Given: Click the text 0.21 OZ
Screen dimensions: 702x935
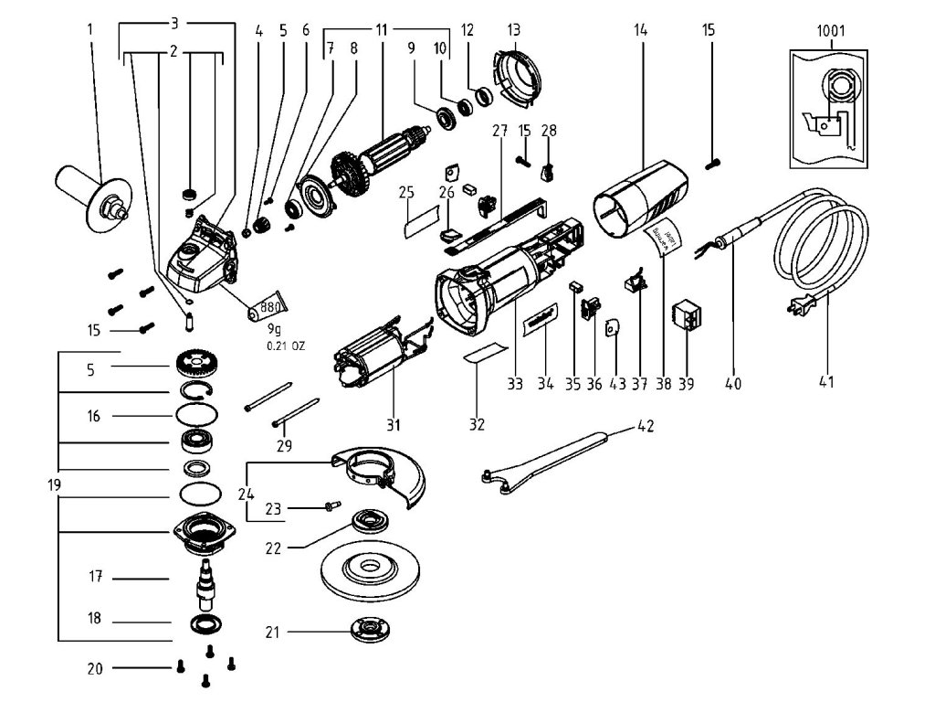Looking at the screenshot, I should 285,346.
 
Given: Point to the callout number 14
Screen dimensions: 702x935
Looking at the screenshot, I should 640,30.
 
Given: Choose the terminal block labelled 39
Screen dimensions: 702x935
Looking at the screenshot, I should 686,315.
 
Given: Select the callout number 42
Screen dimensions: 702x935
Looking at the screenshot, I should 646,426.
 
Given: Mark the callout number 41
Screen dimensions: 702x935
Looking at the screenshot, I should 825,384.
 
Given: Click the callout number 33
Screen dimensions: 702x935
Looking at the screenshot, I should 516,384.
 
